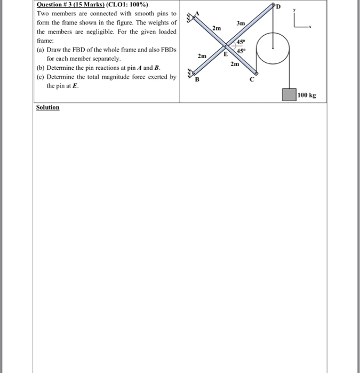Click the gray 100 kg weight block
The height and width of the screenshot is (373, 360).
[290, 95]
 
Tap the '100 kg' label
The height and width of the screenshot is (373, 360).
[307, 95]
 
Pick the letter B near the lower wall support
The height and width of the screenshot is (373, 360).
[196, 80]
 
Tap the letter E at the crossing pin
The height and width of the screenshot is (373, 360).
[226, 54]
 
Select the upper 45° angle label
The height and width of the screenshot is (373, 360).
[240, 43]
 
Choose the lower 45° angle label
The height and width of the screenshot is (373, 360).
[241, 51]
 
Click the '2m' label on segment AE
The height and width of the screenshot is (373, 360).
[216, 27]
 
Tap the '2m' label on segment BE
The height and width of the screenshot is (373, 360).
[202, 56]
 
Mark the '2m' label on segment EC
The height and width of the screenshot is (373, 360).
[235, 64]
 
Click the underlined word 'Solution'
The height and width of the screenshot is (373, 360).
[47, 107]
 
